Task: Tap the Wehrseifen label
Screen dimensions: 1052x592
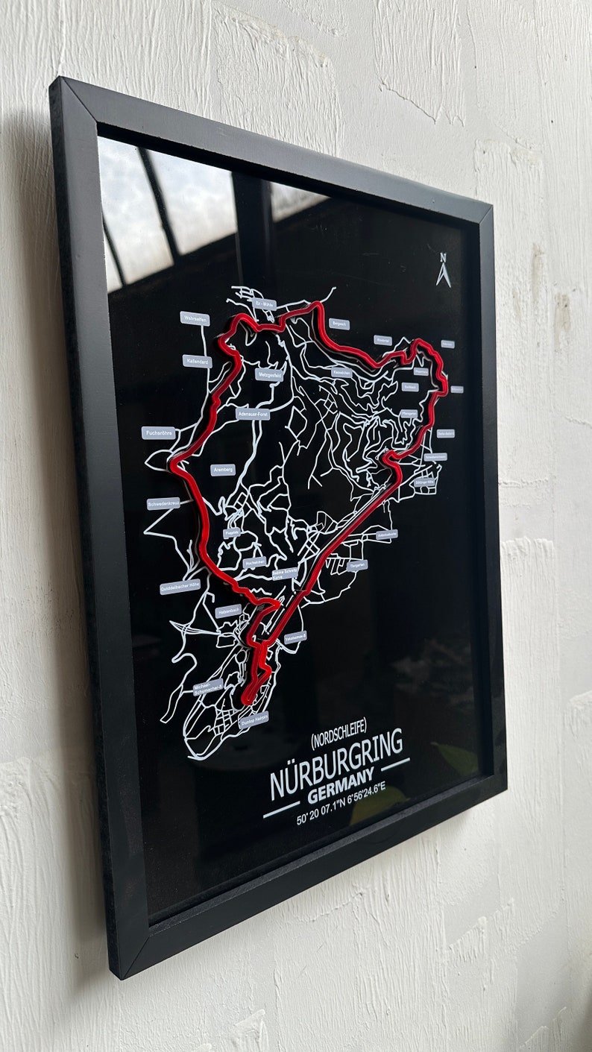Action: [195, 318]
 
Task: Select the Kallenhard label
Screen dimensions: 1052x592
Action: [198, 362]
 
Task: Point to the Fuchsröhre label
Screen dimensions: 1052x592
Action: [159, 432]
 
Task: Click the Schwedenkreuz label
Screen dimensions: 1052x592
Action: [164, 503]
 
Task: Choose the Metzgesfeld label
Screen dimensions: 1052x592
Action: [268, 374]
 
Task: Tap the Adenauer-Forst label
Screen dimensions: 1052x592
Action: [252, 413]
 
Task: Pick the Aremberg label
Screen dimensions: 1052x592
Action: [223, 470]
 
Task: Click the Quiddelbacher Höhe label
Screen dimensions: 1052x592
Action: [180, 587]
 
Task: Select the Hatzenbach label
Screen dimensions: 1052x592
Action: [229, 611]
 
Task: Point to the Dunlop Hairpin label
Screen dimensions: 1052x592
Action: [254, 719]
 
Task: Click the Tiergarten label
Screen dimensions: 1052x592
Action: [357, 565]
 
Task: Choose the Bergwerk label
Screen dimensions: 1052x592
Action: [340, 324]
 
